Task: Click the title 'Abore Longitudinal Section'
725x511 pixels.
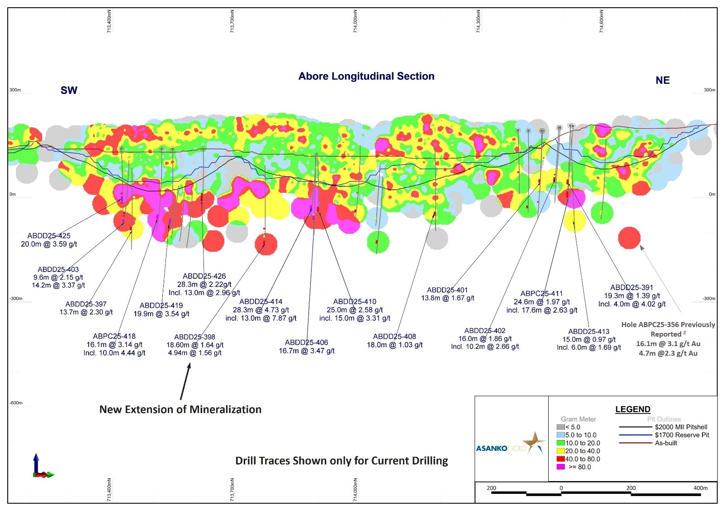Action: point(366,76)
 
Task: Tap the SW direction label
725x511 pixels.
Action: point(69,90)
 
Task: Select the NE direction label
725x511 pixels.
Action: point(662,80)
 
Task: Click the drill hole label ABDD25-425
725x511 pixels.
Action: point(49,236)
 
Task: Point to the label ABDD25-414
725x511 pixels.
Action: point(261,302)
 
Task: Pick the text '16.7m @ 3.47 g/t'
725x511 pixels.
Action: point(307,351)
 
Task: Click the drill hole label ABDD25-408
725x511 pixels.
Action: point(394,337)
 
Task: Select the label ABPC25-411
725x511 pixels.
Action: point(541,294)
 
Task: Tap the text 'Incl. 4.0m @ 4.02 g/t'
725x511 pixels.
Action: point(631,304)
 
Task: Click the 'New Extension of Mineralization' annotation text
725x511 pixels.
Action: point(180,410)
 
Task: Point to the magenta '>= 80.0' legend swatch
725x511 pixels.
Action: point(561,467)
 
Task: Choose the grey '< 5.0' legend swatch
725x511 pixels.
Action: point(561,427)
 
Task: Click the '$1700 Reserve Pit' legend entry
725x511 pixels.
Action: point(682,435)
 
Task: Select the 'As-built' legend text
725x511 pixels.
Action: point(666,443)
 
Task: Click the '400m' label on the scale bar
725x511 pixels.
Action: point(700,488)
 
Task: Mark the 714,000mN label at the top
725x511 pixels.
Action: point(355,22)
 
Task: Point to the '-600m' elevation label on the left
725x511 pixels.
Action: point(16,403)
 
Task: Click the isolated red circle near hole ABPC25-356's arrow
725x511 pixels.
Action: point(629,238)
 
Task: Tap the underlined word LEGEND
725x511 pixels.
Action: point(632,409)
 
